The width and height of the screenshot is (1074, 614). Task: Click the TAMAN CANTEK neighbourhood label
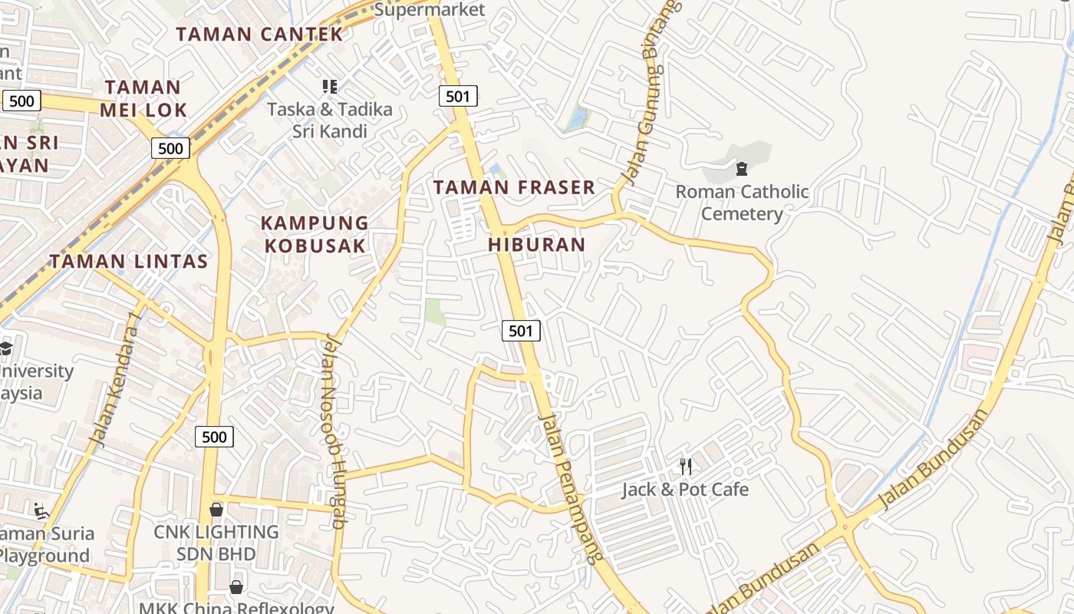click(259, 34)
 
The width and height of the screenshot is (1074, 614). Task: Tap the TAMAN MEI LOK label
click(143, 98)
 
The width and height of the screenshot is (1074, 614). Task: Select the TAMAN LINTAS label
click(129, 261)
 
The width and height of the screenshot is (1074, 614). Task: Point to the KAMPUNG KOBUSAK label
click(315, 234)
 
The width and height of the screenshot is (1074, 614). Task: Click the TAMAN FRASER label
click(514, 187)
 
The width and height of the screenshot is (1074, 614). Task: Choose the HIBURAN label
click(537, 245)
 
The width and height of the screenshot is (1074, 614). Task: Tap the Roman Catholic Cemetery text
click(742, 203)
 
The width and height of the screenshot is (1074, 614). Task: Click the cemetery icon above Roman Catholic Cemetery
click(742, 168)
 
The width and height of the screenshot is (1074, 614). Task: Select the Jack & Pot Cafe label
click(685, 490)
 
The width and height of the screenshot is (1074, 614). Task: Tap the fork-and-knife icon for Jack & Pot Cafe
click(686, 465)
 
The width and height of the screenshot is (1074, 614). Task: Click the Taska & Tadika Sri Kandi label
click(330, 120)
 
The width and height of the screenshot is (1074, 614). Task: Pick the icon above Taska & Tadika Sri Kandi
click(330, 86)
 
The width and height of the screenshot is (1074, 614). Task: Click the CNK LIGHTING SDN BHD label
click(216, 543)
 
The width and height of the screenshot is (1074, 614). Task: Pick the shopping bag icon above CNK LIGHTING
click(216, 510)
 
